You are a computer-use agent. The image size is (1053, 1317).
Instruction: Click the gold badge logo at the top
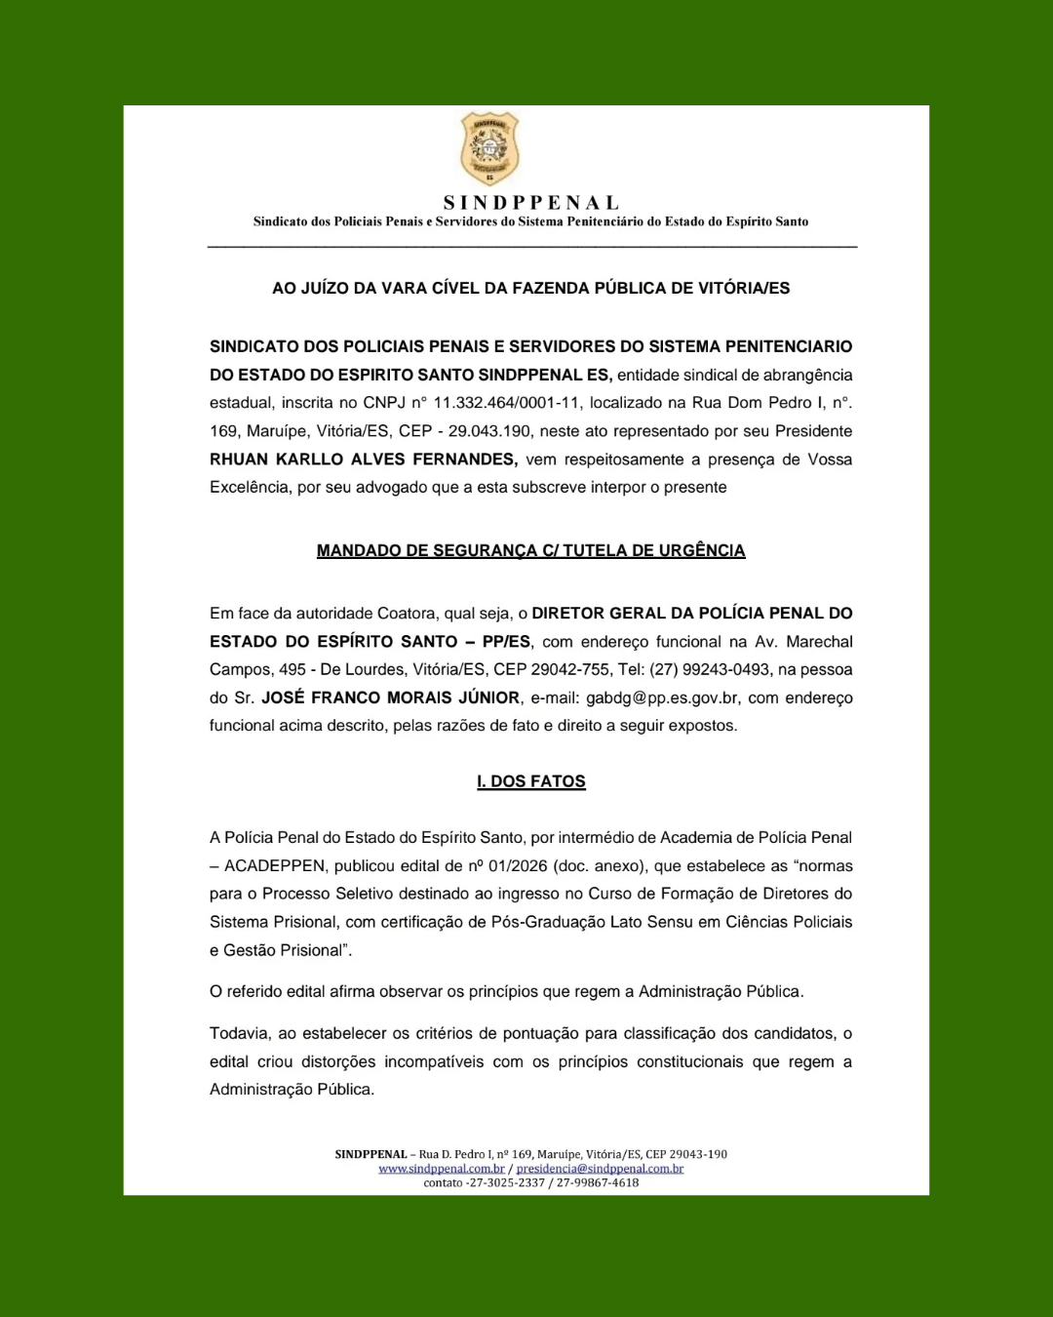click(x=489, y=148)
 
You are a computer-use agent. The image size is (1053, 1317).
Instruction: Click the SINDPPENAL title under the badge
click(x=531, y=203)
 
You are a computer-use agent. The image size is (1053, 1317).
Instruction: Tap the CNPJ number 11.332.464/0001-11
click(x=506, y=403)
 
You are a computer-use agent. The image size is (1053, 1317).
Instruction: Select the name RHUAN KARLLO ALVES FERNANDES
click(x=364, y=459)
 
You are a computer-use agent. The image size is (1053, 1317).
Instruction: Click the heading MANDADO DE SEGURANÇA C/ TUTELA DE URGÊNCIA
click(x=530, y=551)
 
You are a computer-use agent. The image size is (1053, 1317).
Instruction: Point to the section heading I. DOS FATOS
click(x=530, y=781)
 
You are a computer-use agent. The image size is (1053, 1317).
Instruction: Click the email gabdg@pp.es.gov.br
click(x=662, y=698)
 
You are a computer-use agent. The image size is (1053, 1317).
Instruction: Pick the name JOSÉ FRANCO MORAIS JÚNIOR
click(x=390, y=698)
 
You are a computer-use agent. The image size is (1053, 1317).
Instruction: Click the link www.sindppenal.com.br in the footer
click(x=441, y=1169)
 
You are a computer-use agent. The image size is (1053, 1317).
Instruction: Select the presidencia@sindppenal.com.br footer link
click(x=600, y=1169)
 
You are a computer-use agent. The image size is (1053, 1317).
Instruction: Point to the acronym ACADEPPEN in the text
click(x=275, y=866)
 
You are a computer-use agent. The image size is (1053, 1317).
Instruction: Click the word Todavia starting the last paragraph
click(x=239, y=1034)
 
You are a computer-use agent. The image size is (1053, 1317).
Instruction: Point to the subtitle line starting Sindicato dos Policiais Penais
click(x=530, y=222)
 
